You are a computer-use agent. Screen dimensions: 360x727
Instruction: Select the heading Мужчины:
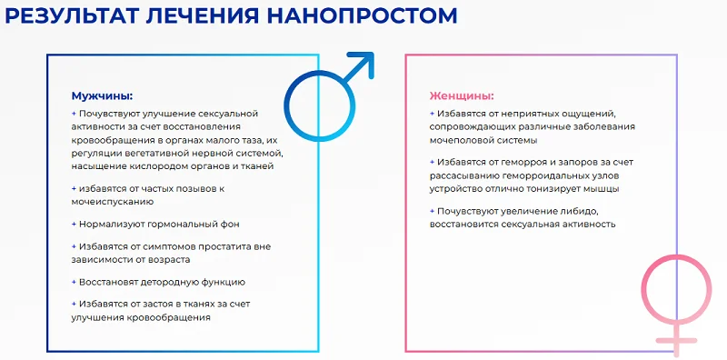[102, 95]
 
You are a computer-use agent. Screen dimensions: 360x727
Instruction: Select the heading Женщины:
[461, 95]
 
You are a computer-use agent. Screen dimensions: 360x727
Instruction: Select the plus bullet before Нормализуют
[74, 224]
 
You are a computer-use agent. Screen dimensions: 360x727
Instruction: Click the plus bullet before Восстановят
[74, 282]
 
